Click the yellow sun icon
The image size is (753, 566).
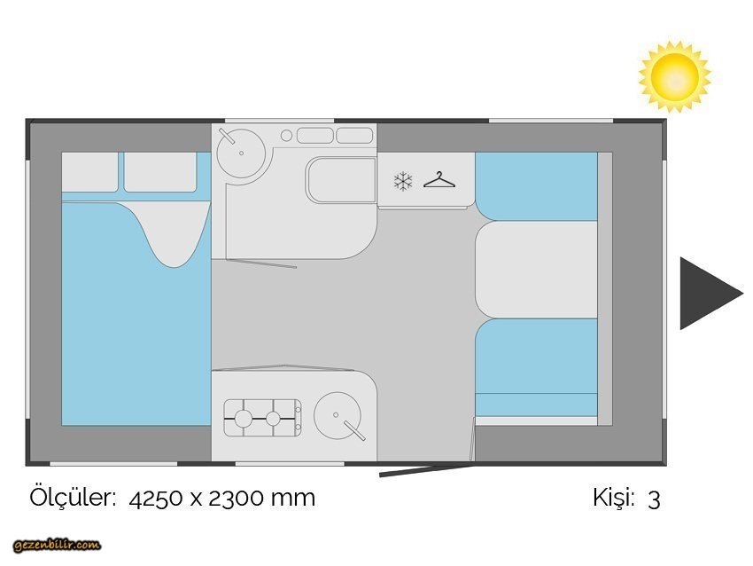pos(675,77)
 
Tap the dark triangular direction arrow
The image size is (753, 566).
pos(707,294)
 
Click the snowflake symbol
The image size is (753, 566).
pos(403,181)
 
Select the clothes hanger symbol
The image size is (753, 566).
pos(439,180)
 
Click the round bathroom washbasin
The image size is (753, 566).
pos(241,153)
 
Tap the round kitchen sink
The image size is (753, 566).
pos(338,415)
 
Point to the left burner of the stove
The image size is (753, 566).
pos(243,419)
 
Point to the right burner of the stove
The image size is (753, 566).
pos(273,419)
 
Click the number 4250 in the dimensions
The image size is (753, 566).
pos(156,499)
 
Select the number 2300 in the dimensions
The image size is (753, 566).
pos(236,499)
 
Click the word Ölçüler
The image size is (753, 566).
pos(73,497)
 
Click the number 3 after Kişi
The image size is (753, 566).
pos(654,499)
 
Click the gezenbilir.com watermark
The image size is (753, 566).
pos(57,545)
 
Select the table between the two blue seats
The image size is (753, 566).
pos(537,270)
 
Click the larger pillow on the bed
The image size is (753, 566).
pos(160,172)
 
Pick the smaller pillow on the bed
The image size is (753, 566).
pos(89,172)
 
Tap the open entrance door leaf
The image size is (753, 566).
pos(427,470)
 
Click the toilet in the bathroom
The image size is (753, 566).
pos(340,180)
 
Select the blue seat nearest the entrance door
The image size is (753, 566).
pos(537,367)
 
